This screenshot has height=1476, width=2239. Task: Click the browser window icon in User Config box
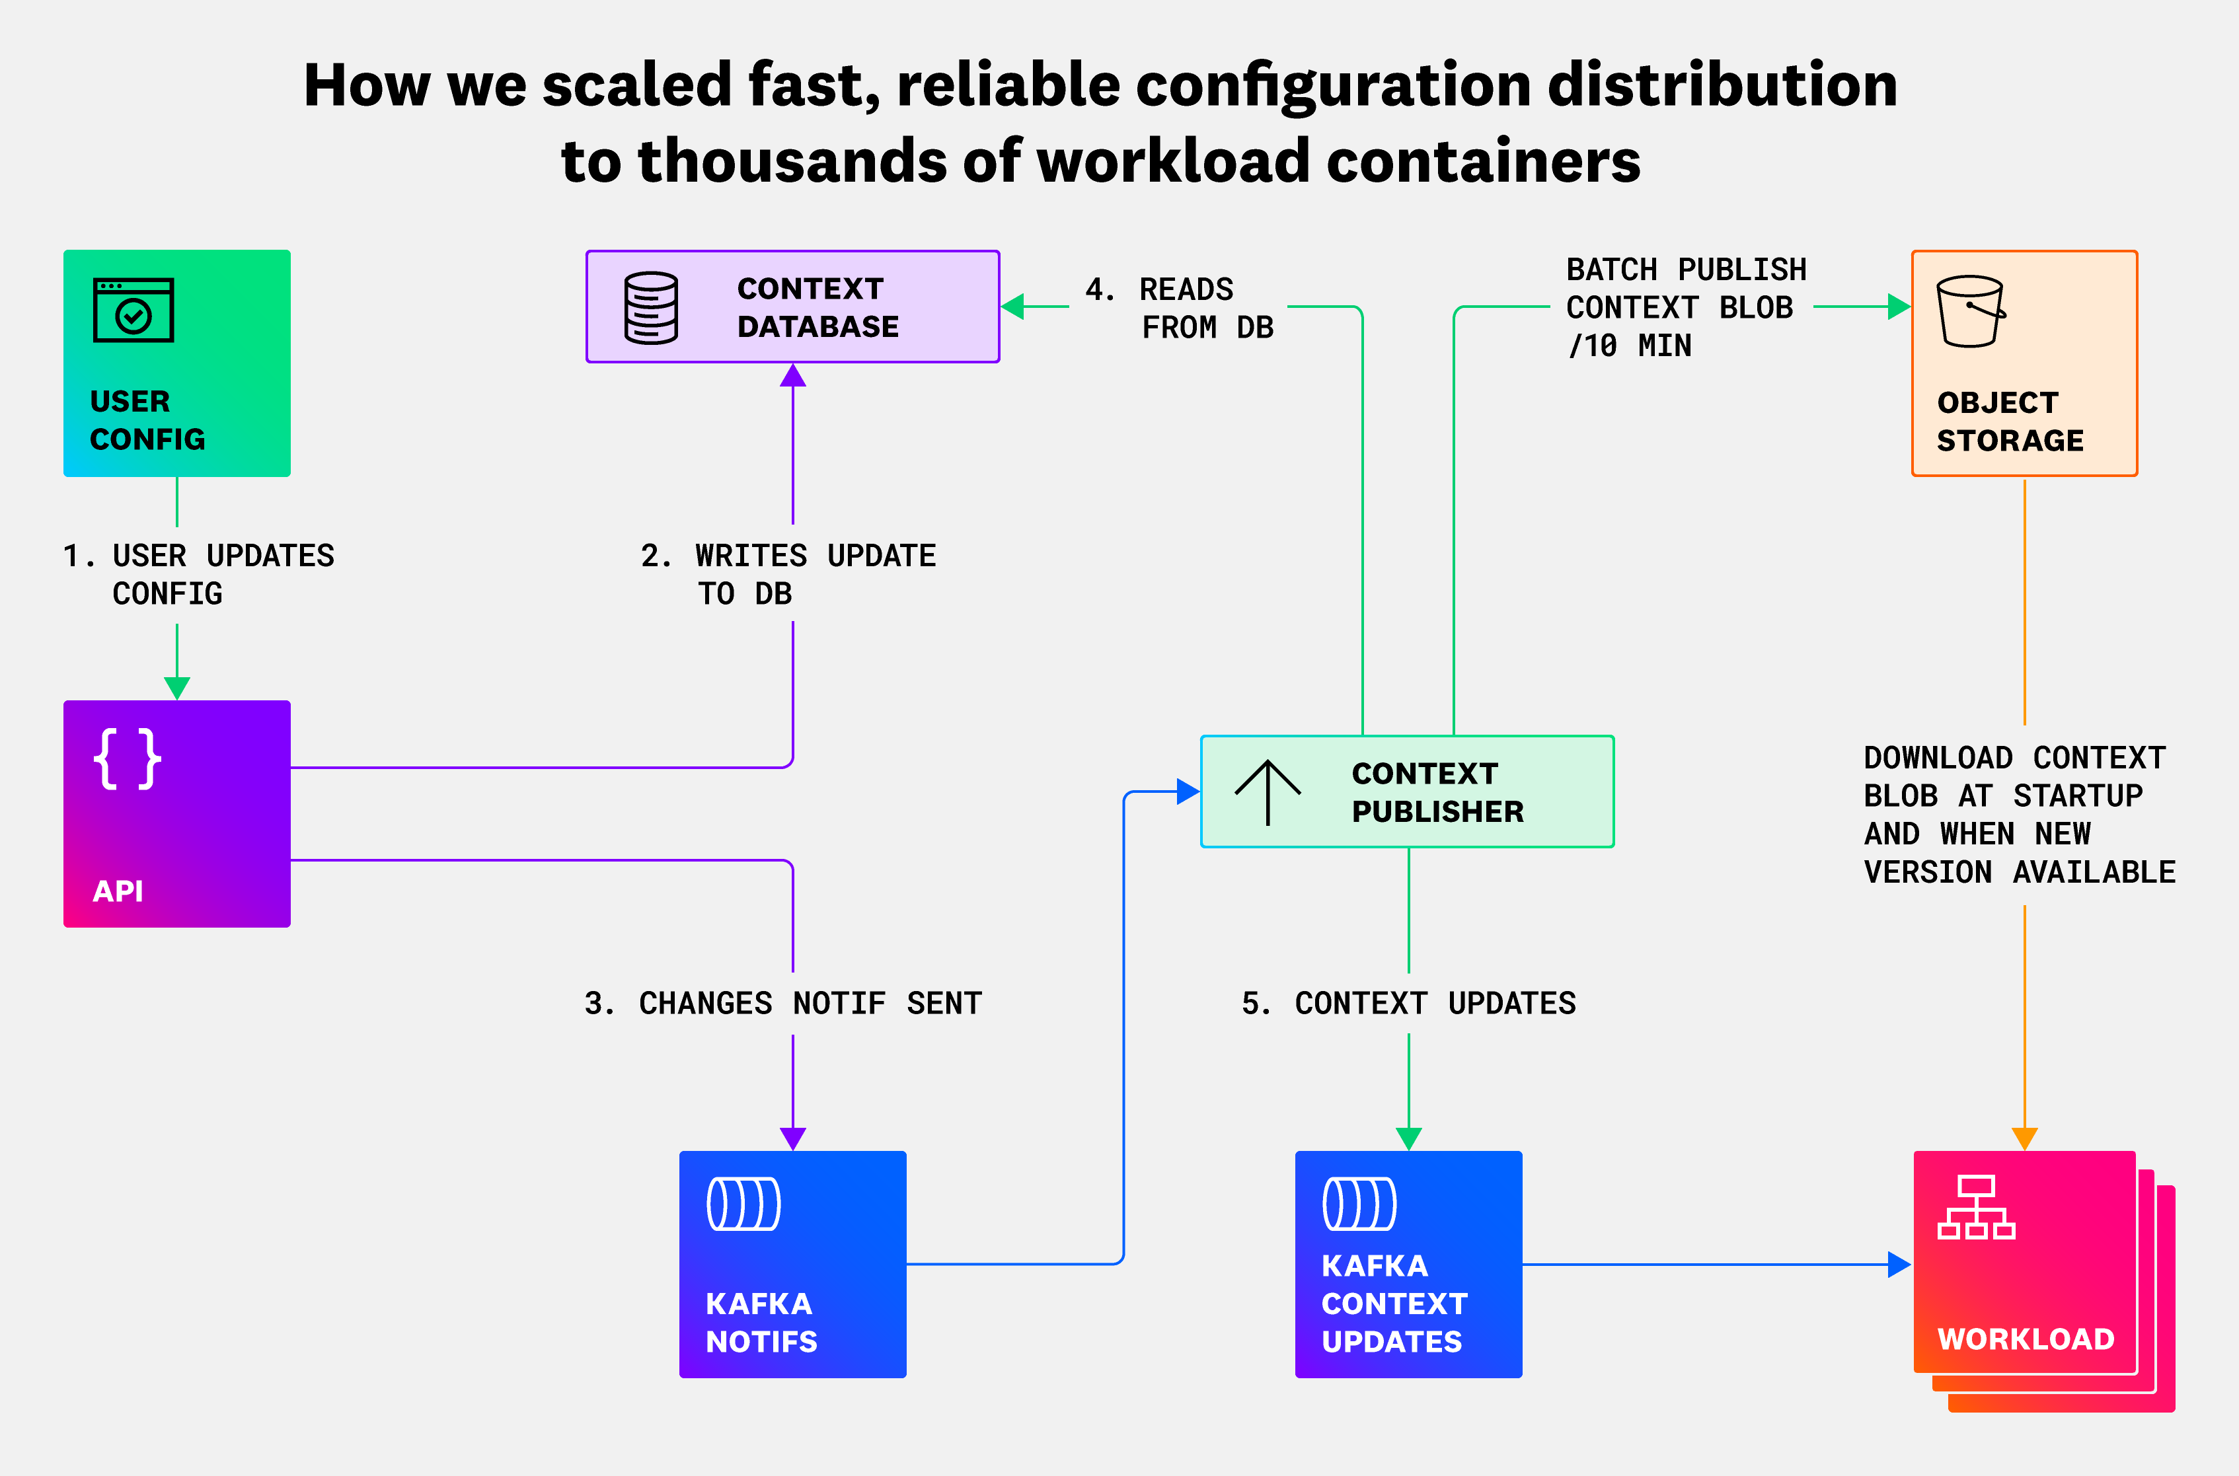pyautogui.click(x=133, y=310)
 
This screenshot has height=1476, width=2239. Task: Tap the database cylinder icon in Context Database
pyautogui.click(x=650, y=308)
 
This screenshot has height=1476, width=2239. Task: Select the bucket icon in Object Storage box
pyautogui.click(x=1970, y=312)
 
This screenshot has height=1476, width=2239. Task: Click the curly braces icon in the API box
pyautogui.click(x=127, y=758)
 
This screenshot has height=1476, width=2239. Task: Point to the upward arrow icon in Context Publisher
pyautogui.click(x=1268, y=792)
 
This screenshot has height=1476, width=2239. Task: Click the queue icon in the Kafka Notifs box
pyautogui.click(x=743, y=1204)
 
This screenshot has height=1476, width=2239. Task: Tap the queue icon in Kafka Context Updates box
pyautogui.click(x=1359, y=1204)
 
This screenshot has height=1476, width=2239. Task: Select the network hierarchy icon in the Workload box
pyautogui.click(x=1975, y=1208)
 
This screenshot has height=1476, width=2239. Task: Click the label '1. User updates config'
pyautogui.click(x=198, y=574)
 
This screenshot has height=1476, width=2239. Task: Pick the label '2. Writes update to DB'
pyautogui.click(x=788, y=574)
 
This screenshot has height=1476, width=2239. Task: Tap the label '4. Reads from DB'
pyautogui.click(x=1179, y=308)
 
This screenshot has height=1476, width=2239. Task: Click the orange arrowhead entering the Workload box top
pyautogui.click(x=2024, y=1138)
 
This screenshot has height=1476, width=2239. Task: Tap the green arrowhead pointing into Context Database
pyautogui.click(x=1013, y=307)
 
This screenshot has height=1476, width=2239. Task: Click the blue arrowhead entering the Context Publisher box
pyautogui.click(x=1188, y=792)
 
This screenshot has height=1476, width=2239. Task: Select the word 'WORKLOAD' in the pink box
pyautogui.click(x=2026, y=1339)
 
